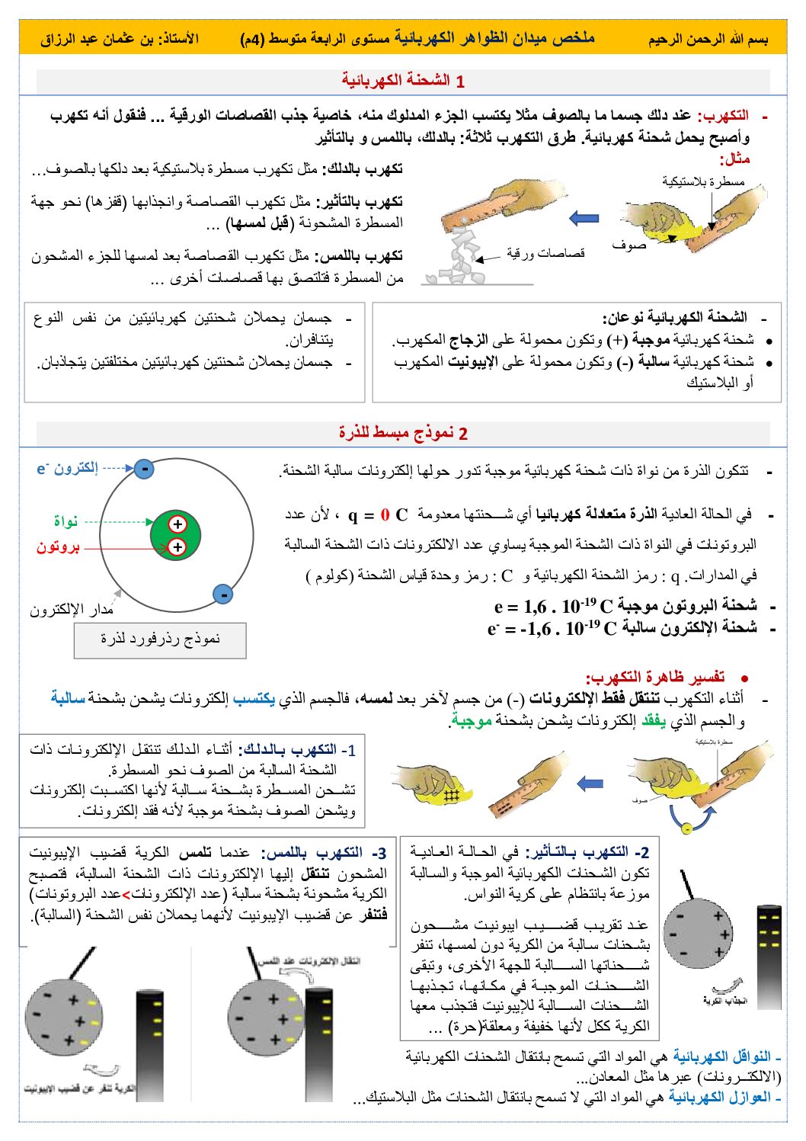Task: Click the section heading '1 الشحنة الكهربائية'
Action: tap(403, 81)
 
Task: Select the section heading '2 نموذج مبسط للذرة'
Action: tap(403, 433)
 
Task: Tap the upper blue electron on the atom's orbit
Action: tap(144, 468)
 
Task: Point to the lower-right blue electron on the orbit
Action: tap(222, 594)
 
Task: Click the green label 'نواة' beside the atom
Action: tap(66, 521)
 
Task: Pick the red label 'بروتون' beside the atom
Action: tap(58, 547)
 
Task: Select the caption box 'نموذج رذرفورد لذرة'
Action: tap(160, 639)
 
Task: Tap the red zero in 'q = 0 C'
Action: tap(385, 515)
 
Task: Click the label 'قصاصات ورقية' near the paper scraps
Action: tap(545, 253)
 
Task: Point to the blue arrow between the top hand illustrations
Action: tap(584, 219)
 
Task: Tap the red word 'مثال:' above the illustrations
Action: tap(735, 159)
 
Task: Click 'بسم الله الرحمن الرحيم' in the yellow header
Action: tap(708, 39)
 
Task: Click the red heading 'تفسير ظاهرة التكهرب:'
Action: tap(655, 677)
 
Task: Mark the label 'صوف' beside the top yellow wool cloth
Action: tap(628, 245)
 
